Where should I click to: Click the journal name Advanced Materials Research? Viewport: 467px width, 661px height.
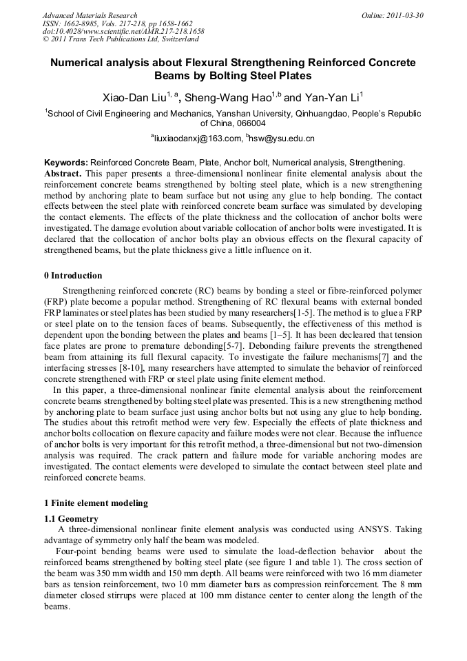pyautogui.click(x=90, y=15)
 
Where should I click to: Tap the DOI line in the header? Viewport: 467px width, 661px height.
pyautogui.click(x=123, y=32)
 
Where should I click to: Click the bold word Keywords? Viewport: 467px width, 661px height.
pyautogui.click(x=65, y=163)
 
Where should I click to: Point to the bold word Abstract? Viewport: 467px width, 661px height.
pyautogui.click(x=63, y=173)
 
